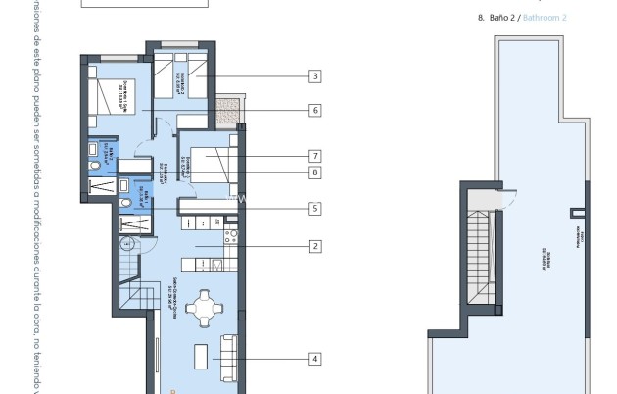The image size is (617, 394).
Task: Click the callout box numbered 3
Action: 314,75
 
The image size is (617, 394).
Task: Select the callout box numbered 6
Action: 314,111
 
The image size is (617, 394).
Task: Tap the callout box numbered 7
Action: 314,156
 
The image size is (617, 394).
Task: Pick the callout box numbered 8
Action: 314,172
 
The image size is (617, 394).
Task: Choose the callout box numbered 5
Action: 314,208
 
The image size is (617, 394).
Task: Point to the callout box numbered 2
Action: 314,246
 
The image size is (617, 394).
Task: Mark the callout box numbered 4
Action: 314,359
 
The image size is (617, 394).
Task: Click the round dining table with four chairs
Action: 205,309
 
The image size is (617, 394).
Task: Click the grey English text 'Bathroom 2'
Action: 545,18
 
